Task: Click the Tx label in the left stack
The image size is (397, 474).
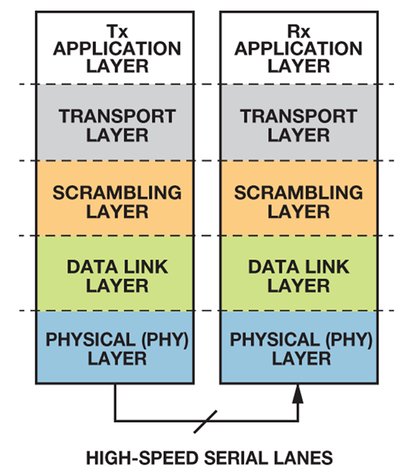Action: point(117,31)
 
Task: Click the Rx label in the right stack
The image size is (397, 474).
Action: point(298,31)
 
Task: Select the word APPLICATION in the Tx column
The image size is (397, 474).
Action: point(117,49)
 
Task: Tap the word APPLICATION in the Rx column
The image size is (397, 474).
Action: point(298,49)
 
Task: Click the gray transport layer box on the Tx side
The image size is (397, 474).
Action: point(115,122)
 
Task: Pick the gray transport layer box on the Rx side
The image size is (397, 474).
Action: point(299,122)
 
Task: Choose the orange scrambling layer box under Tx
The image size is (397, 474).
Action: point(115,198)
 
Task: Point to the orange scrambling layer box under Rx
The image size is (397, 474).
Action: point(299,198)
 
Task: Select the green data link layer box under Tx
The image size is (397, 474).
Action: point(115,273)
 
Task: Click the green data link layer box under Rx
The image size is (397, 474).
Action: point(299,273)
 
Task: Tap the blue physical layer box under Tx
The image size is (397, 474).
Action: point(115,347)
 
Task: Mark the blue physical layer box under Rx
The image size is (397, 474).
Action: point(299,347)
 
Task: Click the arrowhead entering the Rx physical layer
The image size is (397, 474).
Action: point(298,393)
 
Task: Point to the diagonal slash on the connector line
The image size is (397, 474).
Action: point(206,421)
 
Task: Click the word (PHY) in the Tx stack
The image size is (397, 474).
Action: point(165,340)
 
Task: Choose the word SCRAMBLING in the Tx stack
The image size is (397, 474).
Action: point(117,192)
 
